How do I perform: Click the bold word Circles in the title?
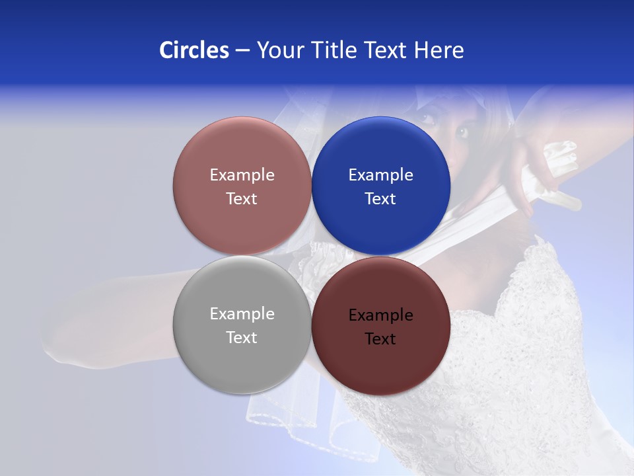point(194,50)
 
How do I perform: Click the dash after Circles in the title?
point(242,50)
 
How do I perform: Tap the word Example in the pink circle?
point(242,175)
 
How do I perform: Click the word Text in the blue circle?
point(380,198)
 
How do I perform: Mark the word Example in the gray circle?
point(242,313)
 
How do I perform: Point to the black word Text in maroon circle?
point(380,338)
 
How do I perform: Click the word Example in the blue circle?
point(380,175)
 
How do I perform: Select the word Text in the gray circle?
point(242,337)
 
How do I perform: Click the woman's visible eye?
point(462,132)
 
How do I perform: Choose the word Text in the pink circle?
point(242,198)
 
